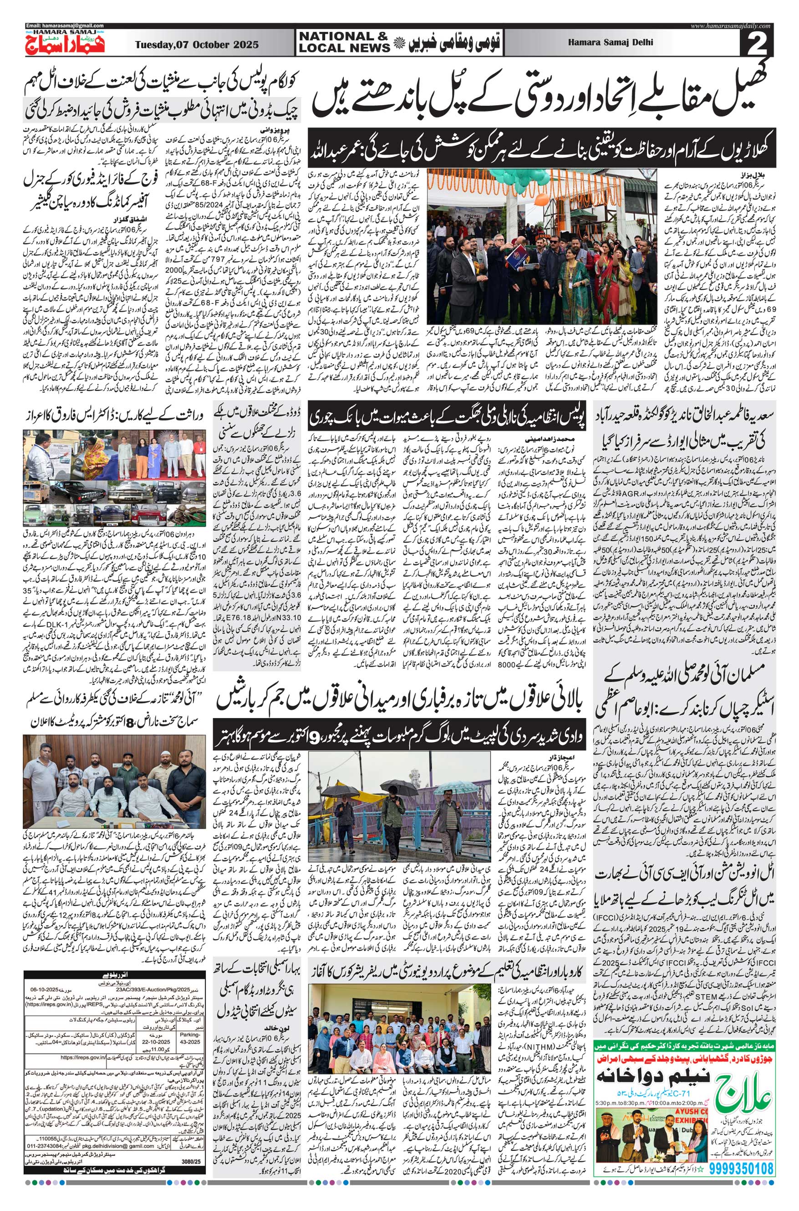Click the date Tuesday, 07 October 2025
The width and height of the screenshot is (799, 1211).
[x=197, y=45]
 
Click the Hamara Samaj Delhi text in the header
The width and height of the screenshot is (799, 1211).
[x=611, y=43]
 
